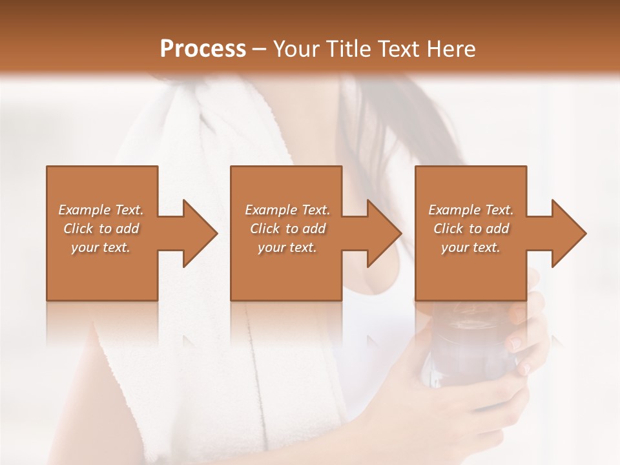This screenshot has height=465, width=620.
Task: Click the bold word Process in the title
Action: pos(203,49)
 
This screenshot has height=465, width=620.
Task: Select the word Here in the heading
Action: pos(451,49)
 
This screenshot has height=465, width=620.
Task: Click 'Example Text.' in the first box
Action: pos(101,210)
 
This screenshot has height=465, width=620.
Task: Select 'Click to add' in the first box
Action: pos(101,229)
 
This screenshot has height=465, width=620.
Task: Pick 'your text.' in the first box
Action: pos(101,247)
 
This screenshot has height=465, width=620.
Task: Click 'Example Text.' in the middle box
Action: pos(287,210)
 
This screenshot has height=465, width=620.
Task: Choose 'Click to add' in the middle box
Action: pos(287,229)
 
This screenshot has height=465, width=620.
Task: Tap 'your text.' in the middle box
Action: pos(287,247)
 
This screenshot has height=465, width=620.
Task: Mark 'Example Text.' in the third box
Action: pos(471,210)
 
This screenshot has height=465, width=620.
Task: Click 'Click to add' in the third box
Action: pos(471,229)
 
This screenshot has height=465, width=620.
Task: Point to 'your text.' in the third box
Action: pos(471,247)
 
